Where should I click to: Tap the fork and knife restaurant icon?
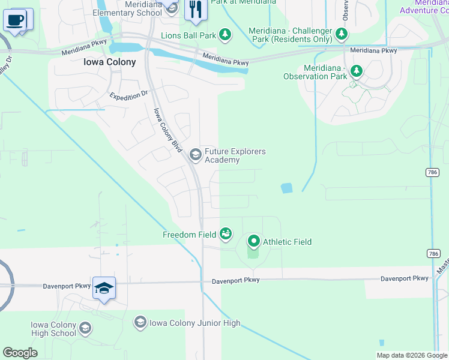[195, 10]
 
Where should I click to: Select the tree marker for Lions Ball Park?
[225, 35]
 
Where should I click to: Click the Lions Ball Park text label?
[188, 36]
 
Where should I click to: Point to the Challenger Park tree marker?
[342, 33]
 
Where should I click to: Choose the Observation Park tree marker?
[357, 72]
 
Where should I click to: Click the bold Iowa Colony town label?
[110, 62]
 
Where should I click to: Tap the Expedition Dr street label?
[128, 95]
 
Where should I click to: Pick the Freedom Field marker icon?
[226, 234]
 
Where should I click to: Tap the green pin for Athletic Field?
[253, 242]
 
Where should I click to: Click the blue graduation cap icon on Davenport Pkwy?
[104, 289]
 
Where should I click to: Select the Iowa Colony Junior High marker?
[140, 323]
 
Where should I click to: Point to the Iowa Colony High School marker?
[85, 328]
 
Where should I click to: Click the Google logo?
[20, 353]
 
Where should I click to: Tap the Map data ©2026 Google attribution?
[411, 355]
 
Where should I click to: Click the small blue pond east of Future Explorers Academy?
[286, 188]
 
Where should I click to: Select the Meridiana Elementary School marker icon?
[172, 8]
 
